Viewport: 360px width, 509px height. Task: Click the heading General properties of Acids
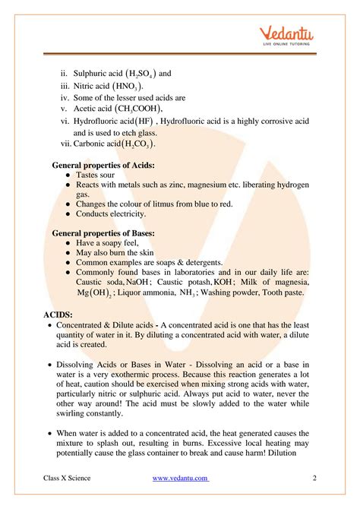[103, 164]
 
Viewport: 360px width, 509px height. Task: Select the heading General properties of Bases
[103, 232]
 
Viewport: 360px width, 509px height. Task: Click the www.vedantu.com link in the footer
[181, 478]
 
